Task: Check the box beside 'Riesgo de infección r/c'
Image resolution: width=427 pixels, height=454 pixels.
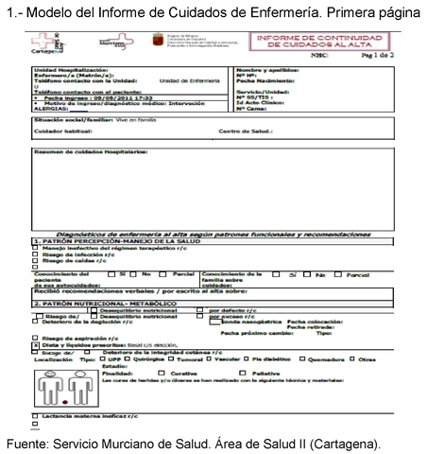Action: [35, 254]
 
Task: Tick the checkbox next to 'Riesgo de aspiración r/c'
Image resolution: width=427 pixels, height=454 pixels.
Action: [35, 337]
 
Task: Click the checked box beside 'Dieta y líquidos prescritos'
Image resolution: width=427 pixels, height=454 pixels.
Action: [35, 343]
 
